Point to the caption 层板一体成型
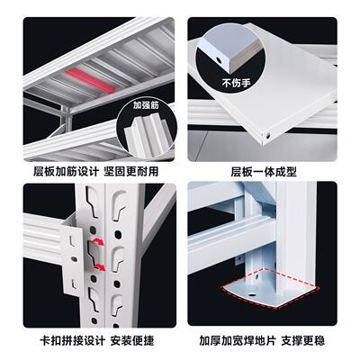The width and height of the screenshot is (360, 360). click(x=264, y=170)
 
